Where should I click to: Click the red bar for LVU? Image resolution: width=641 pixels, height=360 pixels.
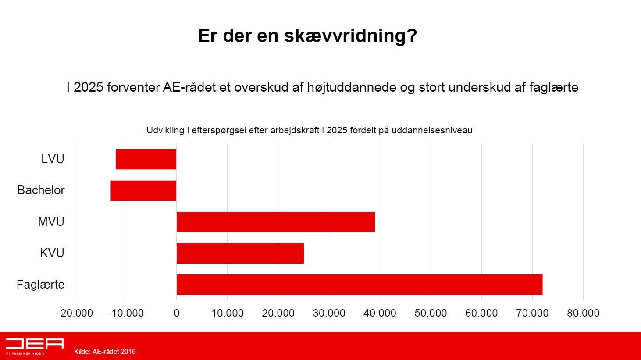[x=146, y=159]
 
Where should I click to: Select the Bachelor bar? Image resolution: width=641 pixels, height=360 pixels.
[x=143, y=191]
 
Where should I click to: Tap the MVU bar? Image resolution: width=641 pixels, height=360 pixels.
[x=276, y=222]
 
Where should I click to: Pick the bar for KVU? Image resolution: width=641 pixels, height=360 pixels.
[x=240, y=253]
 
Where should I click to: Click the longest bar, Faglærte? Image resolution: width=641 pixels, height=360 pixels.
[x=360, y=285]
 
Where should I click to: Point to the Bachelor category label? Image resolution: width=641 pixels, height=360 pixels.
[x=41, y=190]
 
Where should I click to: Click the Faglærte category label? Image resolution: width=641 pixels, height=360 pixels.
[x=40, y=285]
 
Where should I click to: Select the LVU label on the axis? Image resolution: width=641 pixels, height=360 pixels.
[x=53, y=159]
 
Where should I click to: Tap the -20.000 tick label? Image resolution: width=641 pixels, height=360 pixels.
[x=75, y=313]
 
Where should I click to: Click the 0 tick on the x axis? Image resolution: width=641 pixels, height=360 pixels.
[x=177, y=313]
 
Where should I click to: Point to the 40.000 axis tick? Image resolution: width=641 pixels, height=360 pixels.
[x=380, y=313]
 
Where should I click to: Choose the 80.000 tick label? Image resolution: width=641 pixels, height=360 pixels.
[x=583, y=313]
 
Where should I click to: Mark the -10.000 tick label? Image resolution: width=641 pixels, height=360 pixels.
[x=126, y=313]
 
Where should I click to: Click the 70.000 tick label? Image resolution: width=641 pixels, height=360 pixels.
[x=532, y=313]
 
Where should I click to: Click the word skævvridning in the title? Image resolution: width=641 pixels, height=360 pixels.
[x=351, y=36]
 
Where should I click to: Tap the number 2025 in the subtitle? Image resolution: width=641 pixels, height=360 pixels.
[x=89, y=87]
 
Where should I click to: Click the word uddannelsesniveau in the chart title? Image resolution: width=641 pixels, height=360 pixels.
[x=432, y=130]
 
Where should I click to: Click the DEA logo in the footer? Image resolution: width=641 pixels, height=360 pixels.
[x=35, y=346]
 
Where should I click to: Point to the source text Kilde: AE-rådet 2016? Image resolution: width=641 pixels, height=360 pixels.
[x=105, y=352]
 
